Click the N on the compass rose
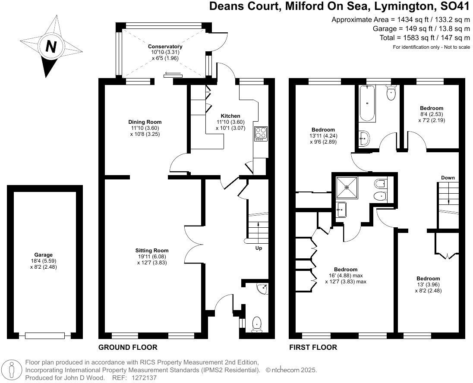tap(51, 46)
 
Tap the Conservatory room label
tap(165, 47)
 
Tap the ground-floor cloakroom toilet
tap(257, 323)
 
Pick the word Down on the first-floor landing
tap(448, 178)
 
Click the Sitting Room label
tap(152, 251)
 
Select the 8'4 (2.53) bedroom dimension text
tap(432, 114)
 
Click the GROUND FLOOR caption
tap(128, 348)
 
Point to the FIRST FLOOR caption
tap(313, 348)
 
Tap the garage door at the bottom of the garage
tap(44, 335)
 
